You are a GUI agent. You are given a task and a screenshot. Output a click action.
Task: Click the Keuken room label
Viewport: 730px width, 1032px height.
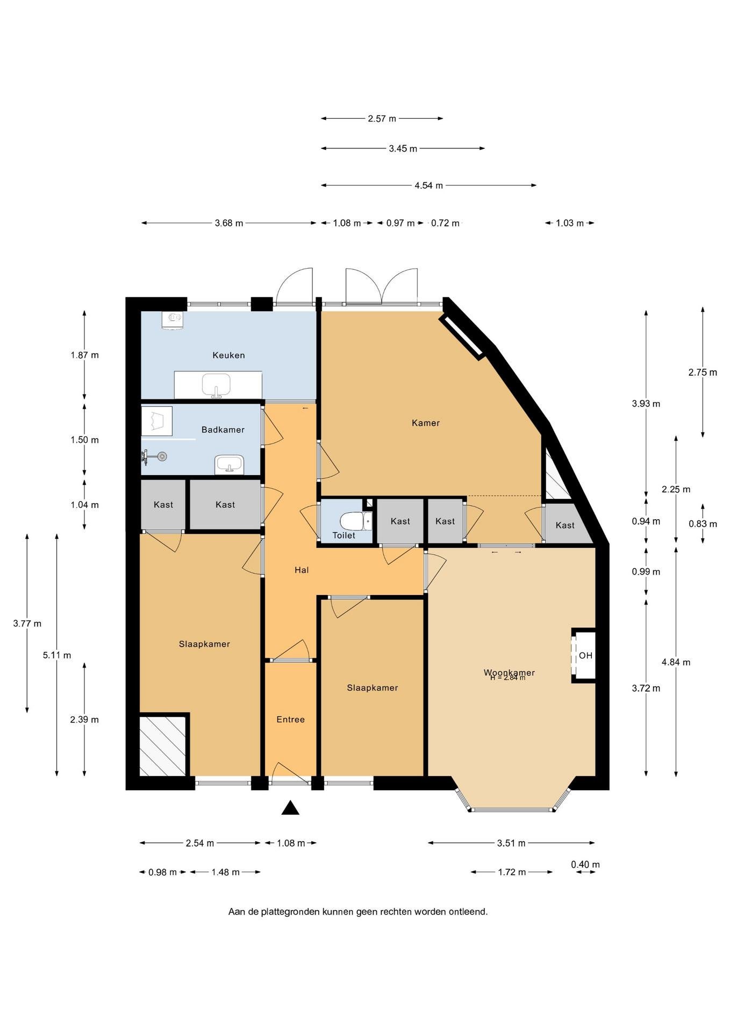coord(228,355)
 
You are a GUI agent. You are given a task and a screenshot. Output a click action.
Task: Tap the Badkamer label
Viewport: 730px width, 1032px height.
coord(223,430)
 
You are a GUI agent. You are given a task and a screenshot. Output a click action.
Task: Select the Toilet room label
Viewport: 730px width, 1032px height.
coord(344,535)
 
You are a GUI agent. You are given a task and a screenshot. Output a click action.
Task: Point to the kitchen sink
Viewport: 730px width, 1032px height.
coord(216,385)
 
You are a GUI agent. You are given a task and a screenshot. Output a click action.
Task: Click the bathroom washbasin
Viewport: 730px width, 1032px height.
coord(230,465)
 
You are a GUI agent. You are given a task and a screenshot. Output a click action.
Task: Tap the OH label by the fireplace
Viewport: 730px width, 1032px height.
coord(585,656)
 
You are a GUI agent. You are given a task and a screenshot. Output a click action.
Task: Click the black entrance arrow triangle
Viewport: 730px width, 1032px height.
coord(290,807)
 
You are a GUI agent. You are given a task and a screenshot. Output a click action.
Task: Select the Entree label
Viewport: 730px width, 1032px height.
coord(291,720)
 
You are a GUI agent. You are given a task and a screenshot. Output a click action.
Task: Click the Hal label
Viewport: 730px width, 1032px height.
coord(302,570)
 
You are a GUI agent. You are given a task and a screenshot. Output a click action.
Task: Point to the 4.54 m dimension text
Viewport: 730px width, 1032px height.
coord(428,185)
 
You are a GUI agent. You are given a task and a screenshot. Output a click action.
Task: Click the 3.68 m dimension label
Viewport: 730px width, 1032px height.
coord(229,223)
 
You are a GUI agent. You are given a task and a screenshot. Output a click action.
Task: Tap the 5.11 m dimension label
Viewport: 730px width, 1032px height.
coord(57,656)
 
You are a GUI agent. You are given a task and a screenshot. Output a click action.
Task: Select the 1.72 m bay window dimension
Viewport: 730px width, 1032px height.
coord(512,872)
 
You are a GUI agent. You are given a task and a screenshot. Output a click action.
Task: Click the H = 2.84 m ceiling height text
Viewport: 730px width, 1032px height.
coord(507,678)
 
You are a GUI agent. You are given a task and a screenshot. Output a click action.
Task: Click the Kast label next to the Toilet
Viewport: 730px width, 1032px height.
coord(400,521)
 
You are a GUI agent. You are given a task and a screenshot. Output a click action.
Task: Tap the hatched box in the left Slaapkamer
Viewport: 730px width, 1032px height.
coord(163,746)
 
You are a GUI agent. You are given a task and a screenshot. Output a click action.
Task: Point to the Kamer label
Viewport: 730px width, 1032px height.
coord(426,423)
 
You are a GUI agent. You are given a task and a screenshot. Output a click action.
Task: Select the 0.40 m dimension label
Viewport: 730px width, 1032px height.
coord(585,864)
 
